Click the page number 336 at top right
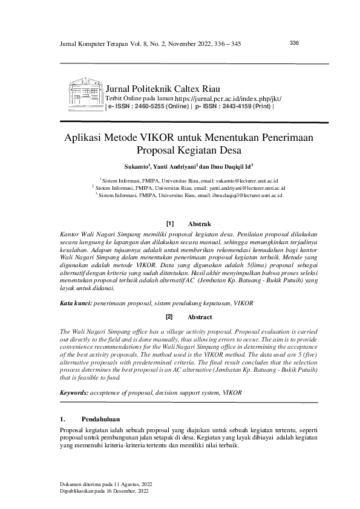coord(295,43)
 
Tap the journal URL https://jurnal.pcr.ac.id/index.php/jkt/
coord(228,98)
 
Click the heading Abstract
coord(200,317)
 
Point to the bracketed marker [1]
coord(170,223)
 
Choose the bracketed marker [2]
coord(169,317)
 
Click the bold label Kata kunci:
coord(76,302)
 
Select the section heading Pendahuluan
coord(100,419)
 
